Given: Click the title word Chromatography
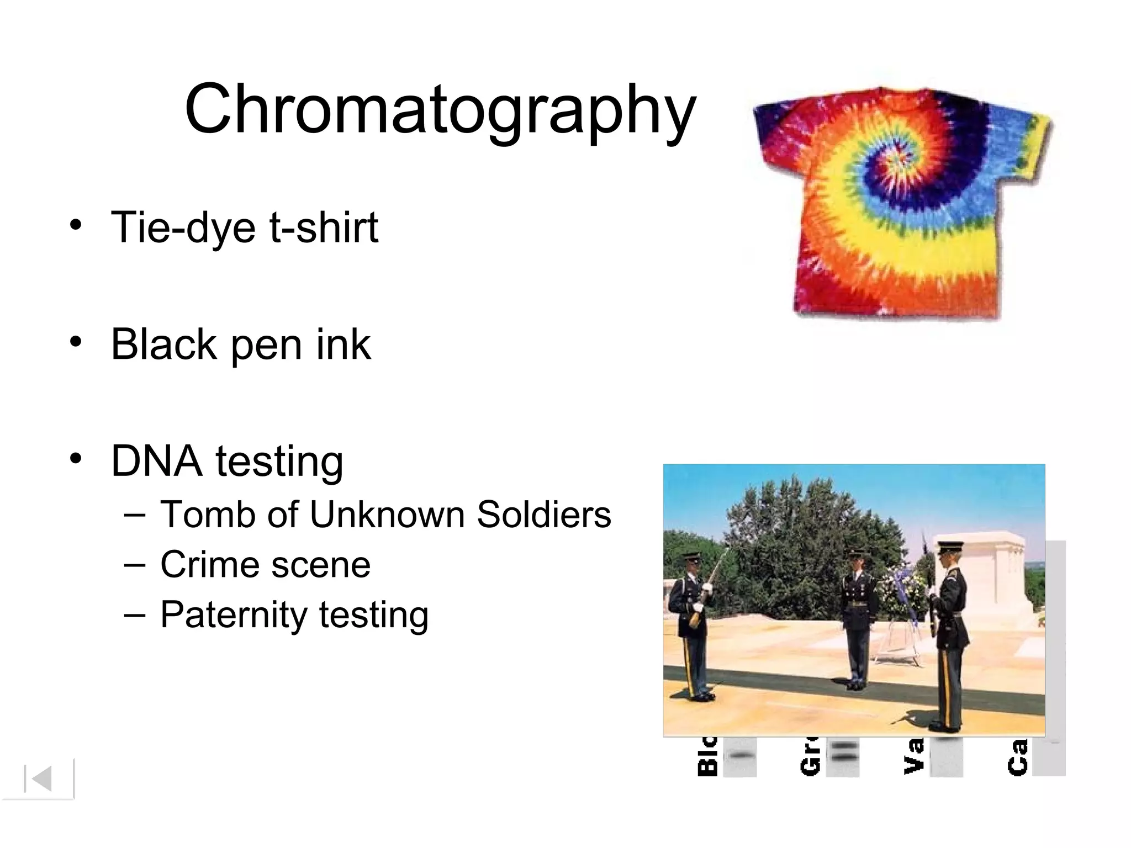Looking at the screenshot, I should coord(440,109).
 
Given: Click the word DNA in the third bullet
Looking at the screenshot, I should coord(156,462).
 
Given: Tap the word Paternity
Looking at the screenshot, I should coord(232,615).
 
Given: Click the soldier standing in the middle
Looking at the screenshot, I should coord(857,618).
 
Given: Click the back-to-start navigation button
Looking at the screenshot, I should coord(39,779).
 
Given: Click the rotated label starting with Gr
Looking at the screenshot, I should coord(810,757).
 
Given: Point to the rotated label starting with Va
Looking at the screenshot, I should coord(913,757).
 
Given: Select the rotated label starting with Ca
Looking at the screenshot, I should coord(1017,757).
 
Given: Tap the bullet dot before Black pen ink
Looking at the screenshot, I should coord(76,342).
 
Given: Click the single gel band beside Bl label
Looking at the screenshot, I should coord(740,755).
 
